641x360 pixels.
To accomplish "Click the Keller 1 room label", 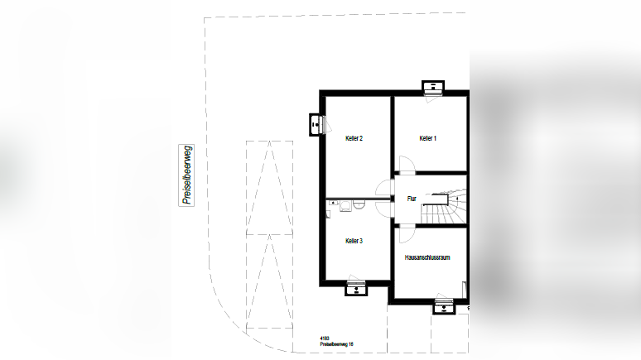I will (427, 138).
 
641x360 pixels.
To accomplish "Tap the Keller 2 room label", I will (354, 138).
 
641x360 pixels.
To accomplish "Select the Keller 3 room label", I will (354, 241).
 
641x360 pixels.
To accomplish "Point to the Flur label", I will (412, 199).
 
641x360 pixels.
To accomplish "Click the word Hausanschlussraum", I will (427, 258).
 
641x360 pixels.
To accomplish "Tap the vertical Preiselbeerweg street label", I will (188, 175).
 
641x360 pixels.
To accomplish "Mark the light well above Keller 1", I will (433, 87).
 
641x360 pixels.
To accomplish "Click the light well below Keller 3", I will (356, 288).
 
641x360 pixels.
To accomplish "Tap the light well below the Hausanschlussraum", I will (444, 308).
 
